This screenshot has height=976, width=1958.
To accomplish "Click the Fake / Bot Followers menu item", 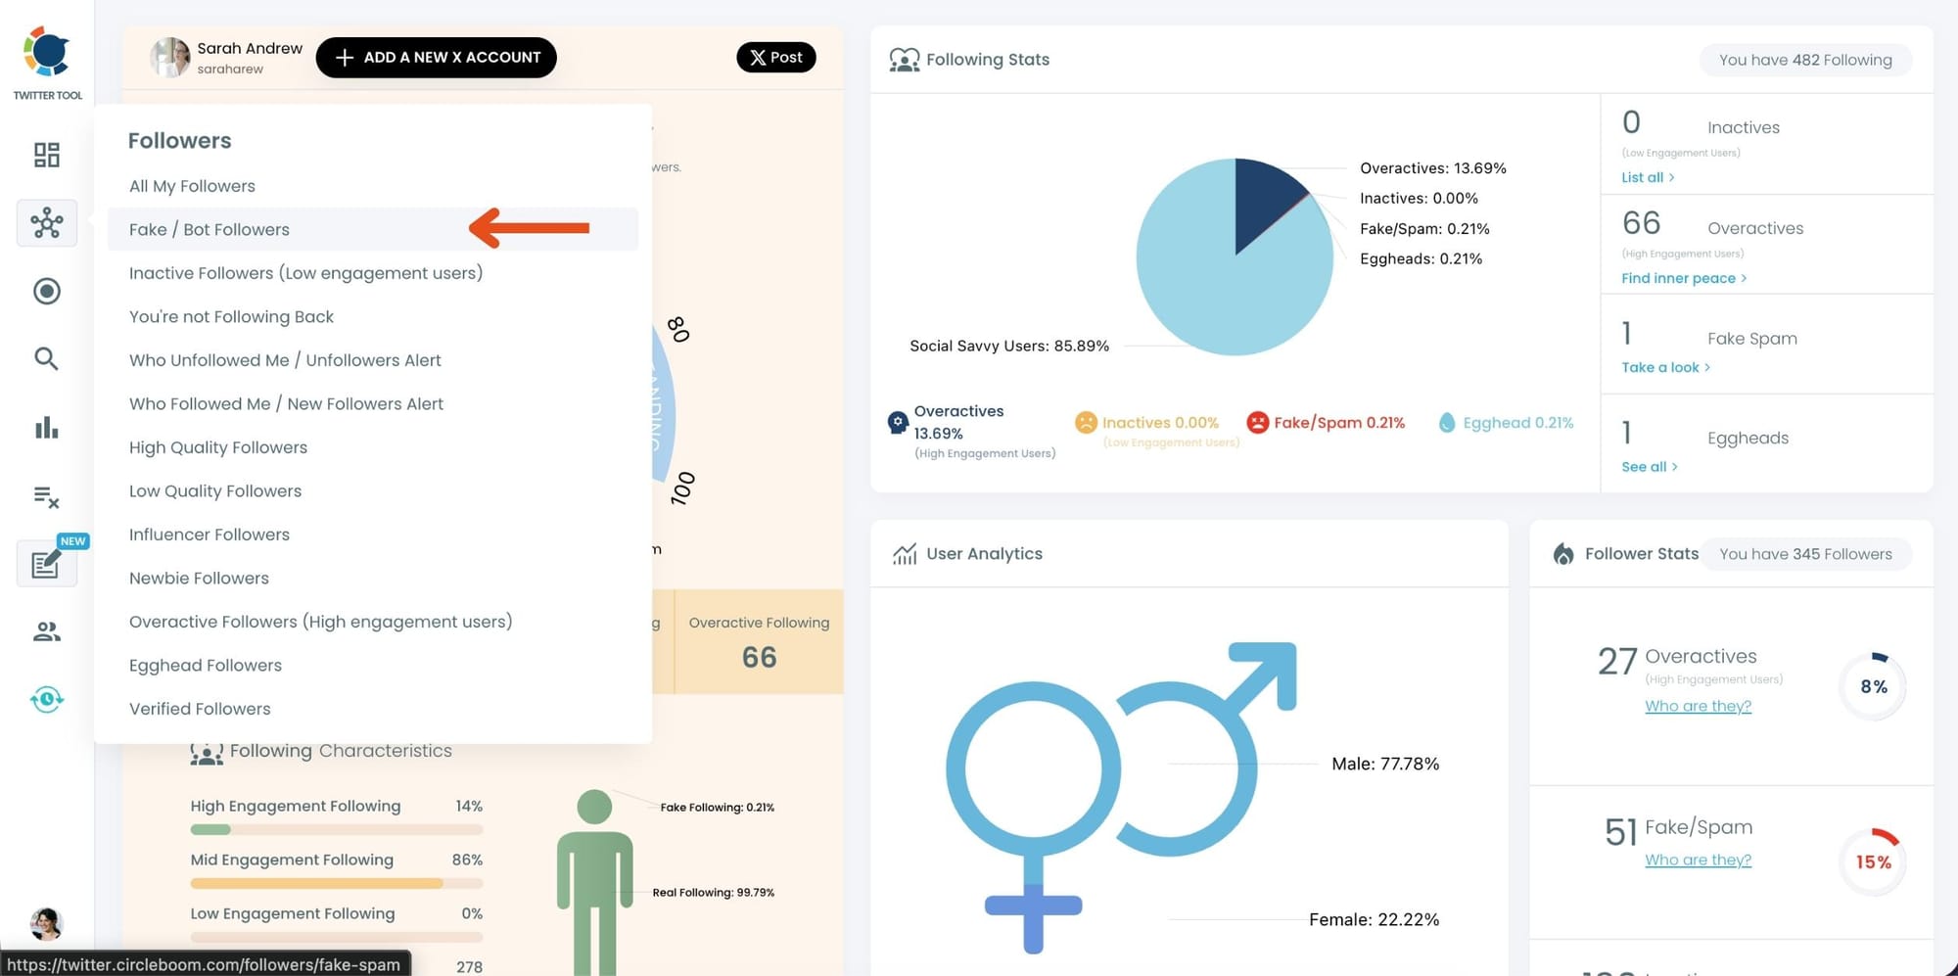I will click(210, 229).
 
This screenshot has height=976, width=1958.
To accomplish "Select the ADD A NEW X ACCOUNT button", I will click(436, 58).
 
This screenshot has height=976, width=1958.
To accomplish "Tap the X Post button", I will click(775, 58).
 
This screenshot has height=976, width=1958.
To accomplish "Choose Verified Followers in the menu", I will click(200, 709).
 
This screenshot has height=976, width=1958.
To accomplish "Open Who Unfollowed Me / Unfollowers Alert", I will click(285, 360).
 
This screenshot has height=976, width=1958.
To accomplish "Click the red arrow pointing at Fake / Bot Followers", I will click(529, 228).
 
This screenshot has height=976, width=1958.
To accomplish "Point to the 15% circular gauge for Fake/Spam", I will click(1873, 861).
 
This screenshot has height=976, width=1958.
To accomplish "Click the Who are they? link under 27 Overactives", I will click(1698, 706).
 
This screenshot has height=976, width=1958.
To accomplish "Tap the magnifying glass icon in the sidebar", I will click(46, 358).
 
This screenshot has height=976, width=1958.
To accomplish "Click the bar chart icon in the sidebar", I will click(46, 428).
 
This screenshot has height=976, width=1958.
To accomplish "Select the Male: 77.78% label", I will click(1385, 764).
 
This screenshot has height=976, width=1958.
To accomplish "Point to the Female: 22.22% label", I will click(1374, 919).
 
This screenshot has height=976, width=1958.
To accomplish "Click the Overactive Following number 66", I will click(759, 657).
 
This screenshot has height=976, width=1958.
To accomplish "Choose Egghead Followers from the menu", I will click(206, 666).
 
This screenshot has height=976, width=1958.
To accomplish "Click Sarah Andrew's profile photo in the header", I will click(170, 58).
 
